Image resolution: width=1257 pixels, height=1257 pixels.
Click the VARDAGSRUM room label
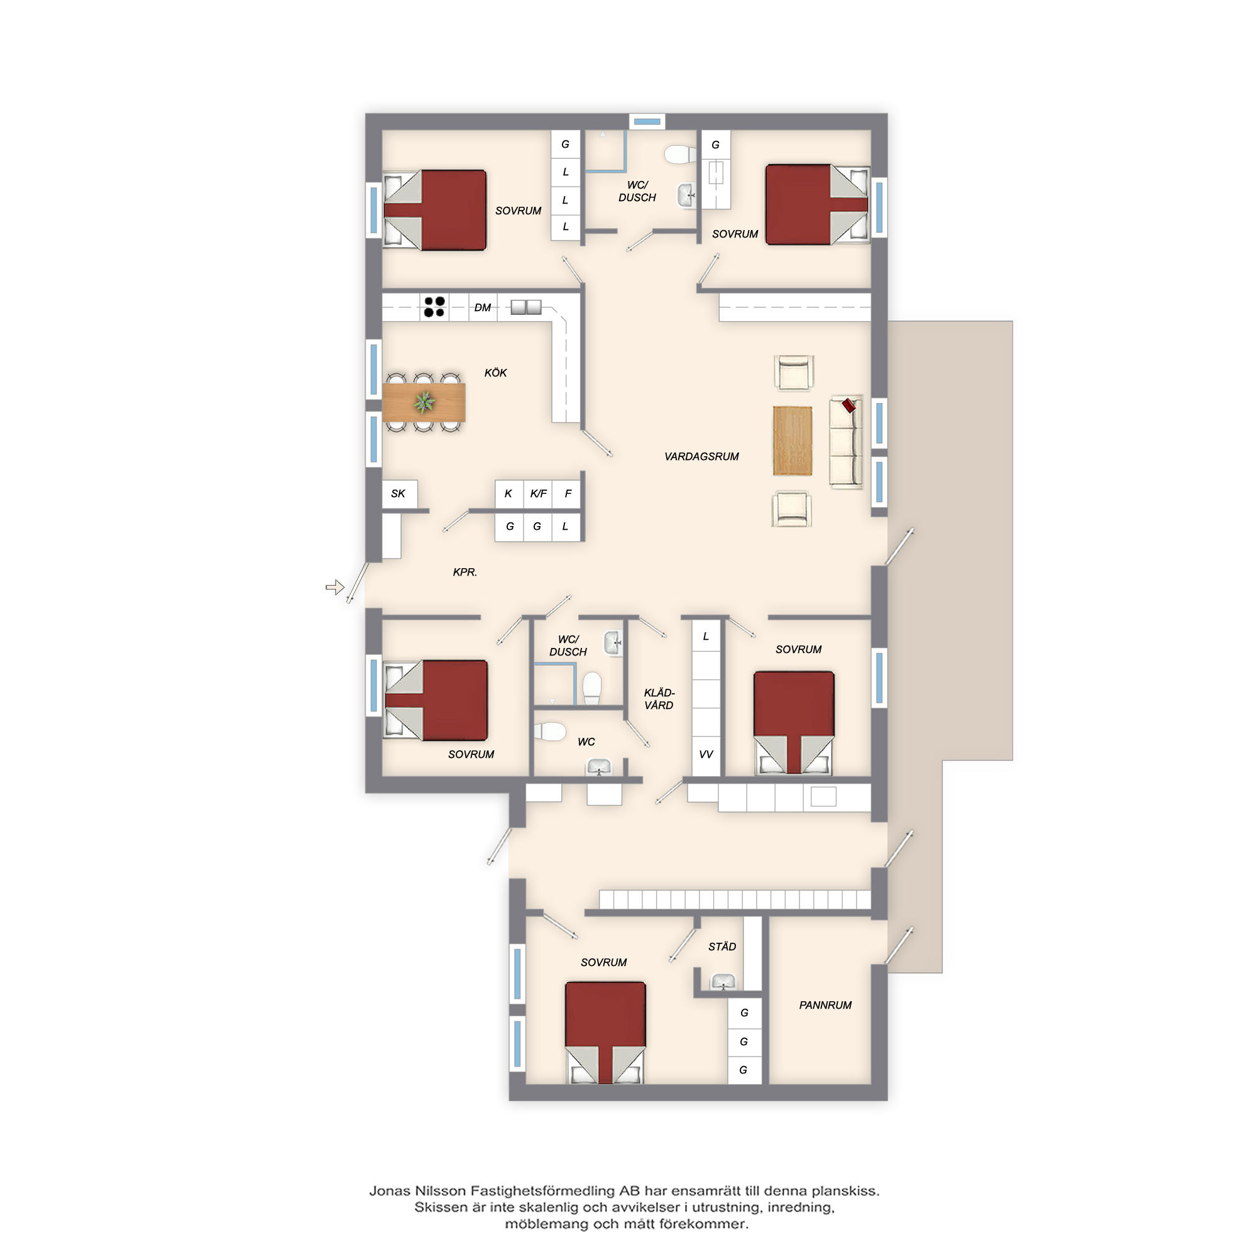click(701, 457)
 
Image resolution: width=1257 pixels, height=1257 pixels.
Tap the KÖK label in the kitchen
click(496, 373)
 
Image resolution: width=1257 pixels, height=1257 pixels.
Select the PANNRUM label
click(825, 1005)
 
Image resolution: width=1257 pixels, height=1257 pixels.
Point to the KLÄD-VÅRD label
click(659, 699)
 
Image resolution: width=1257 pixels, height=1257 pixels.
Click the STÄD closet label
click(722, 947)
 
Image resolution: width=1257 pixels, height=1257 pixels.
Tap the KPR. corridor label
click(465, 572)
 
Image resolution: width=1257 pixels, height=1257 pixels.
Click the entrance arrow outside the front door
click(334, 588)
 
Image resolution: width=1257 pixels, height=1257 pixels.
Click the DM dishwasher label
click(483, 307)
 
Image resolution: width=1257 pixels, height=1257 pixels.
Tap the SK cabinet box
click(399, 494)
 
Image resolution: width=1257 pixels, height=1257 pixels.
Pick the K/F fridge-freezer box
click(538, 494)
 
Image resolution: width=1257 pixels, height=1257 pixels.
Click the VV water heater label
click(706, 754)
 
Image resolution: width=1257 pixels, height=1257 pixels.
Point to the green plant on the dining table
click(424, 402)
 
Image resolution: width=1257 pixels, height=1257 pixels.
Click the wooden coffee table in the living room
click(793, 441)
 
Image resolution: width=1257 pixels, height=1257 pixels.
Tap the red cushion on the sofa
click(849, 405)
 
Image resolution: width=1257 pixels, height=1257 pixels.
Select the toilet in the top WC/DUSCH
click(681, 155)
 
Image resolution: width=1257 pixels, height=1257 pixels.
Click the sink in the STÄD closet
click(723, 982)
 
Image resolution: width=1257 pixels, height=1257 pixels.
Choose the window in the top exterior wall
click(647, 122)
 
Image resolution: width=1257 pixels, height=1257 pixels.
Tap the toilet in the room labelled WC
click(550, 732)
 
